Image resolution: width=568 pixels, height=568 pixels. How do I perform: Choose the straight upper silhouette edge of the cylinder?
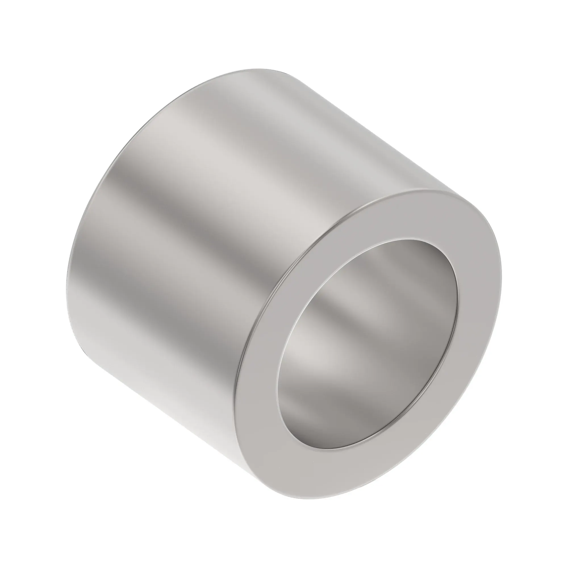367,129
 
